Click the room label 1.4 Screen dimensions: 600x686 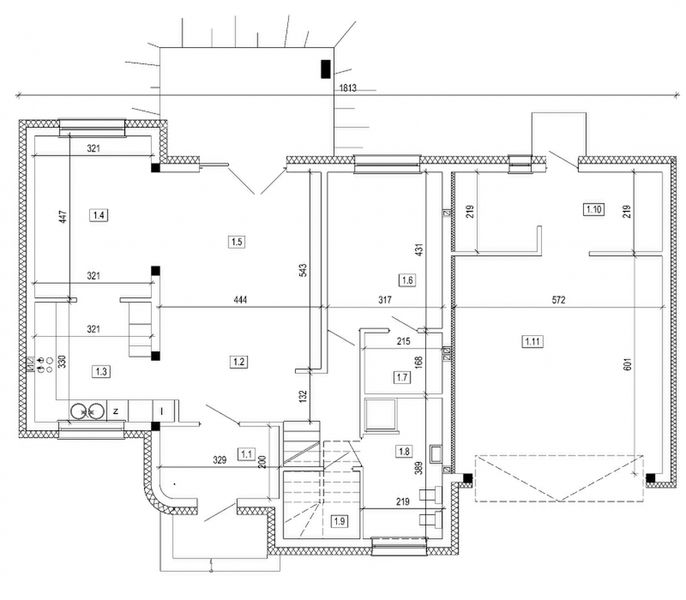[98, 214]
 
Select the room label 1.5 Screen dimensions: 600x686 [237, 241]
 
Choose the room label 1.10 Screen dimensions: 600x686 [593, 209]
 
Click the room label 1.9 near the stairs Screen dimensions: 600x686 [339, 521]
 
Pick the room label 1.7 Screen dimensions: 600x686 [401, 377]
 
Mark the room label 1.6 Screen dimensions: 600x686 [406, 280]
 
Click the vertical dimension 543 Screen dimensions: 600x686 [301, 270]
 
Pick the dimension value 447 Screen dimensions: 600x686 [62, 219]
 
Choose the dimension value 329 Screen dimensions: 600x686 [218, 459]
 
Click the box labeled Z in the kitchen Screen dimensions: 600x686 [116, 410]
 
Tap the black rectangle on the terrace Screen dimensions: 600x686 [325, 69]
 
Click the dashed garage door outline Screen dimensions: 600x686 [558, 477]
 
